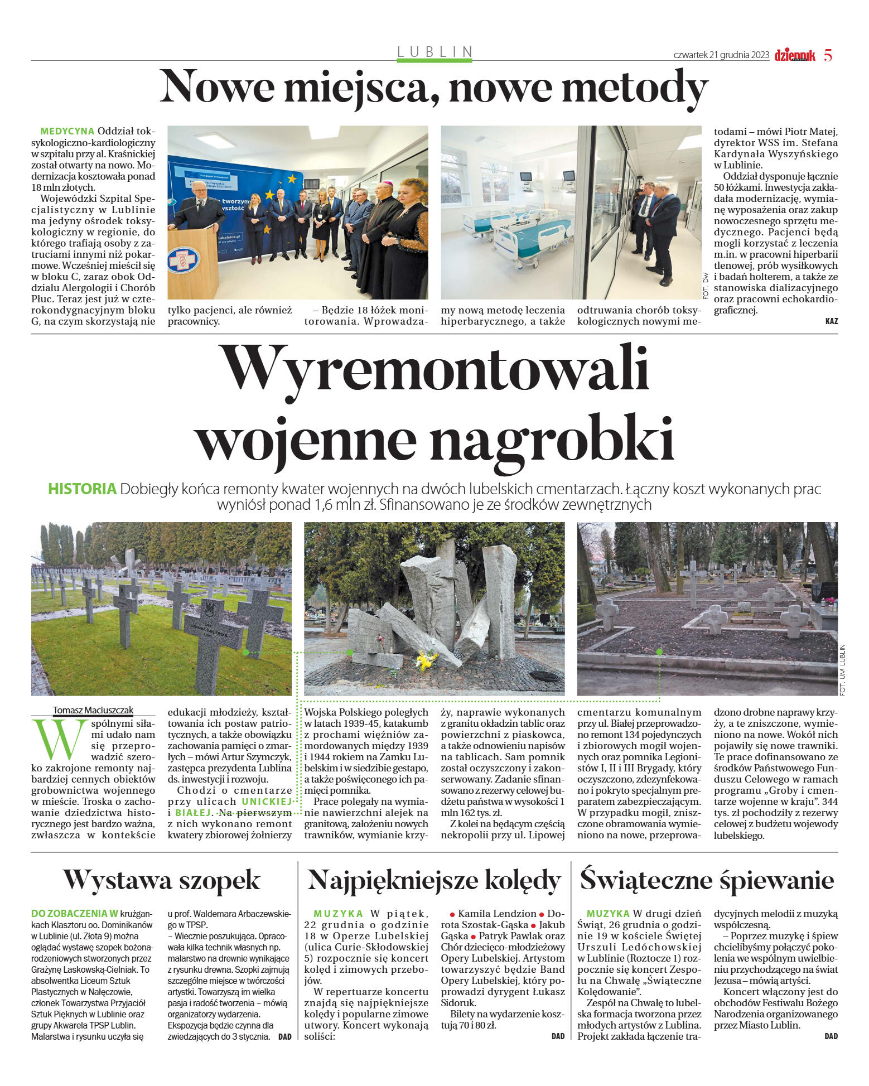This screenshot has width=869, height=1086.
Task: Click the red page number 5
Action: tap(828, 55)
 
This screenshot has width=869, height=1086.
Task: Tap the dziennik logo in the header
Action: tap(794, 55)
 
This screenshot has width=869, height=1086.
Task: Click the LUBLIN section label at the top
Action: tap(434, 52)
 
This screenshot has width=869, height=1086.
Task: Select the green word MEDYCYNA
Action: tap(67, 132)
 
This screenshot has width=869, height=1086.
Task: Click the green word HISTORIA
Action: tap(82, 489)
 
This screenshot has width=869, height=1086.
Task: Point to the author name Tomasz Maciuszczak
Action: tap(93, 710)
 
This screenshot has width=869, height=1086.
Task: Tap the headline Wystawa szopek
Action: tap(161, 880)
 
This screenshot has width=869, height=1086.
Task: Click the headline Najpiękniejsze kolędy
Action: tap(434, 880)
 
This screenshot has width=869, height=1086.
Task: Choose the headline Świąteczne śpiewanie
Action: tap(707, 880)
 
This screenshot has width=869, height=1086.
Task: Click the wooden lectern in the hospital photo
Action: tap(192, 262)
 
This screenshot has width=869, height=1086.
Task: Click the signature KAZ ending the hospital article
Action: tap(831, 321)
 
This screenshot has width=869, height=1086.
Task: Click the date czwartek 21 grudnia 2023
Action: tap(721, 55)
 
